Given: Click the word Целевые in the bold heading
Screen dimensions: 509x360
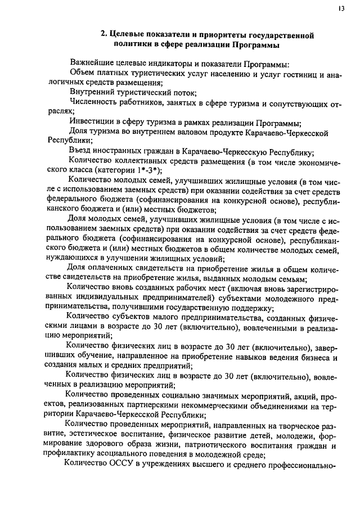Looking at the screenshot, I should (127, 35).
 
